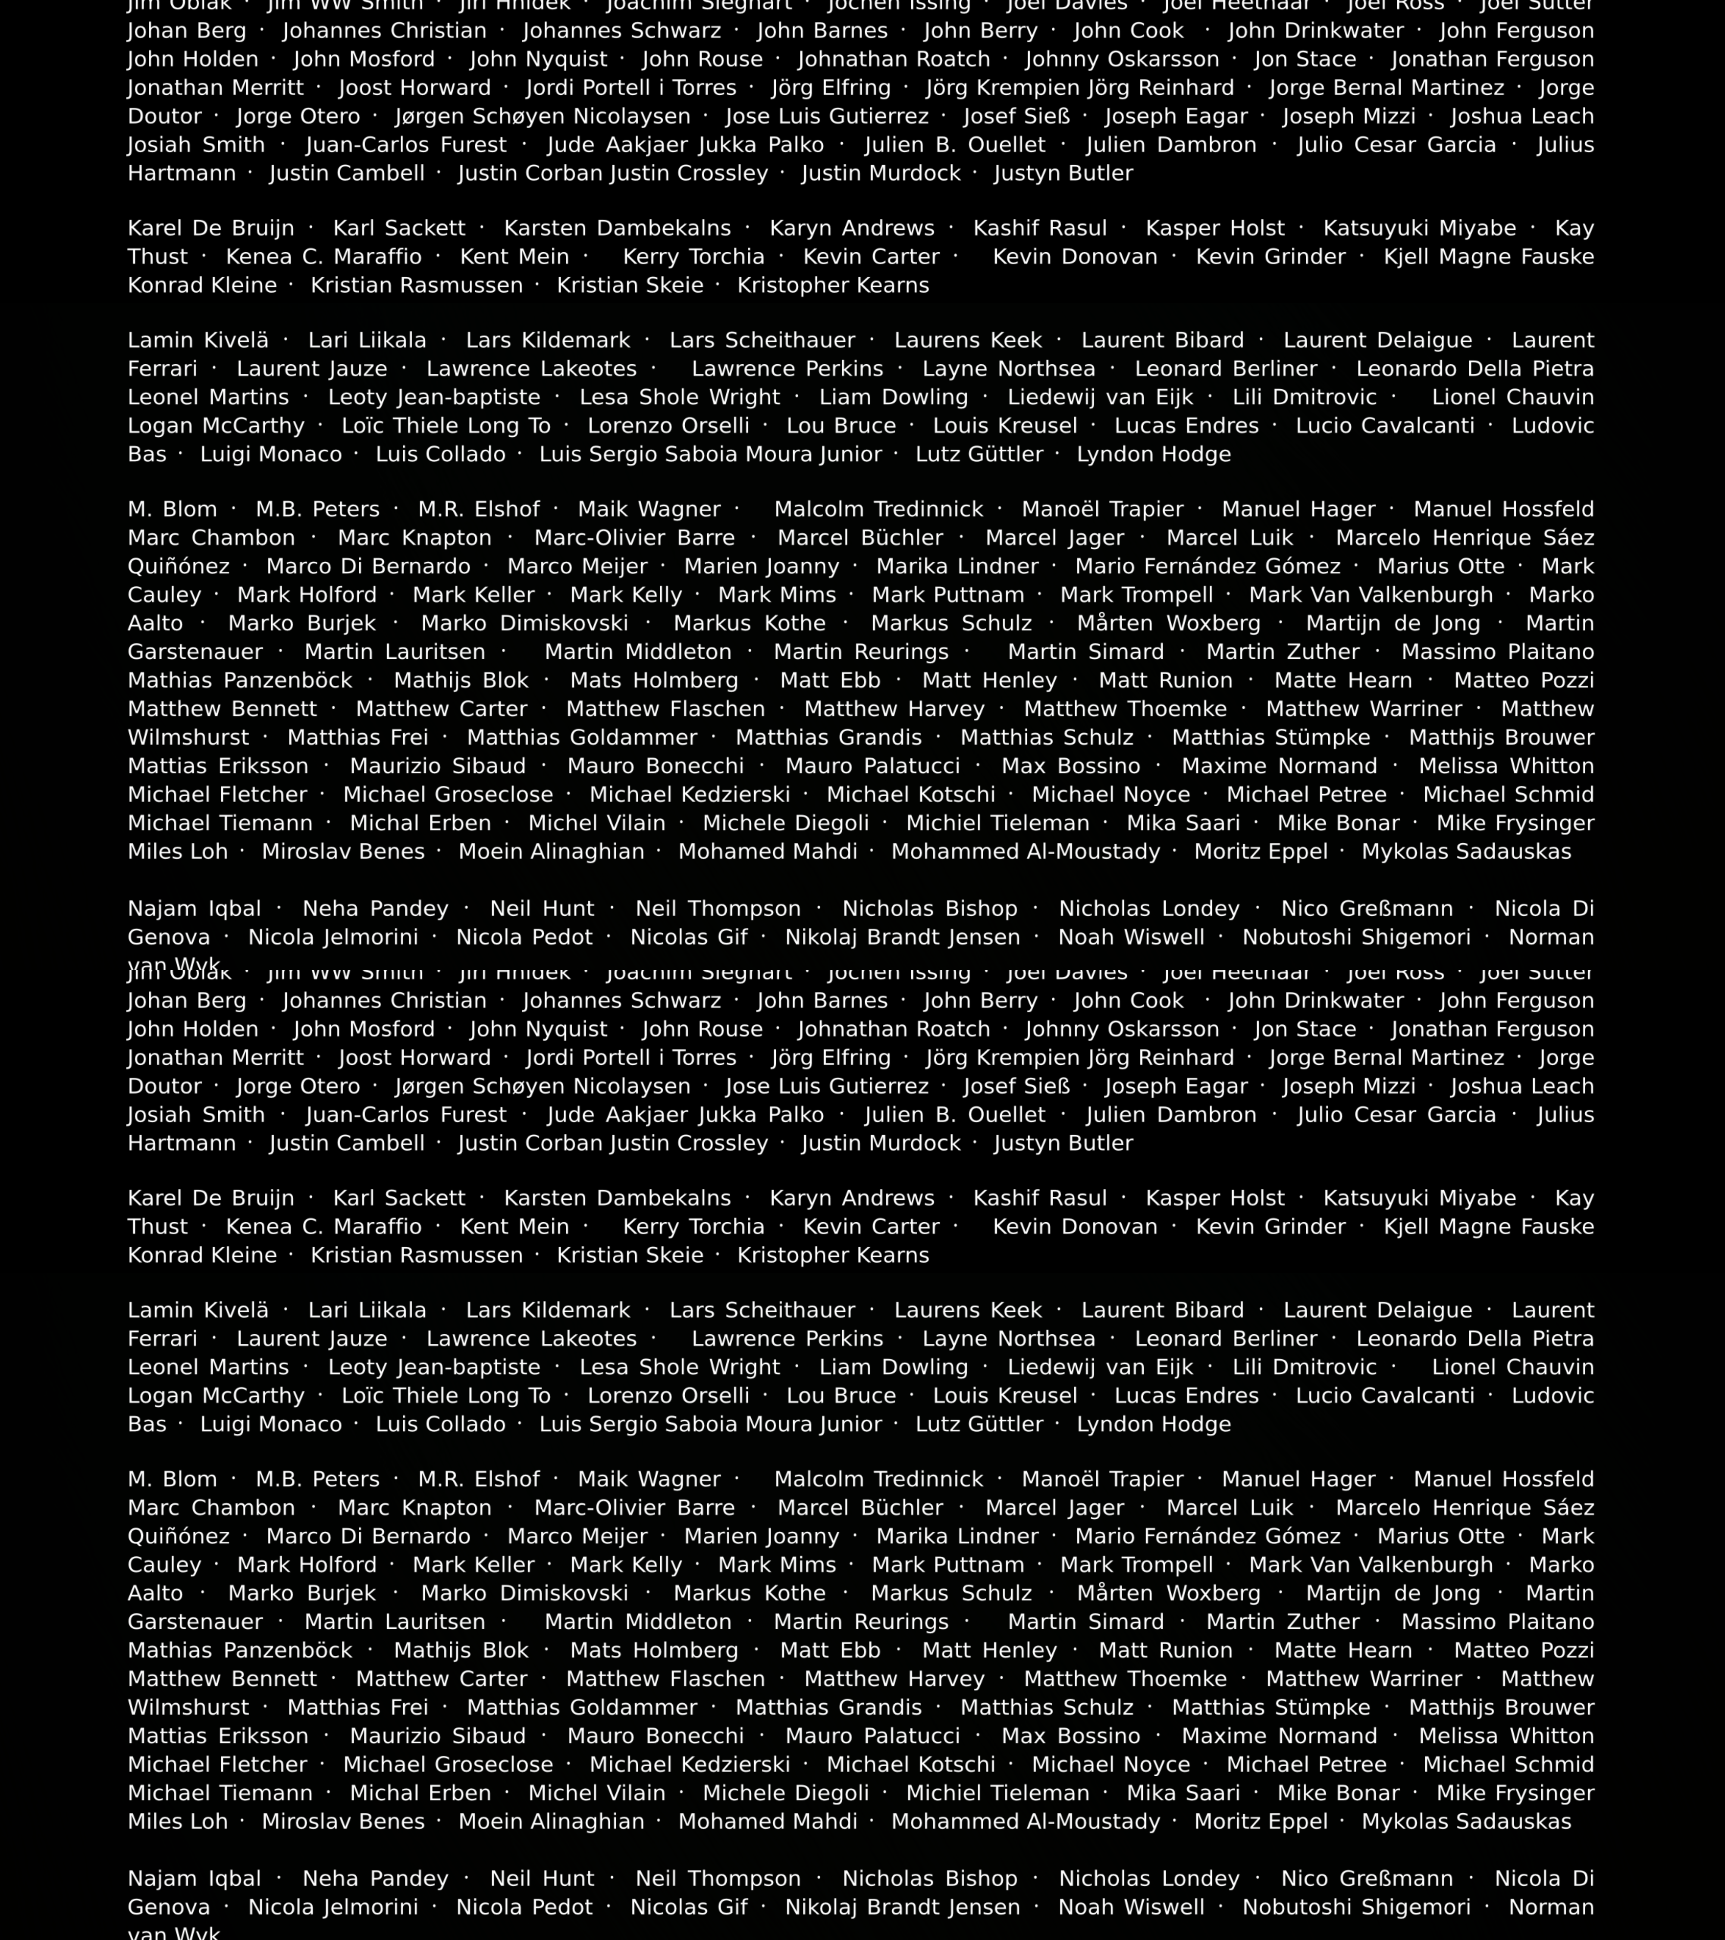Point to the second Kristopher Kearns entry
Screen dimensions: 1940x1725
tap(833, 1256)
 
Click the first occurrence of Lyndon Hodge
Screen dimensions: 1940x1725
tap(1154, 455)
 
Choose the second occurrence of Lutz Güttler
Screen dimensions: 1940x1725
tap(979, 1425)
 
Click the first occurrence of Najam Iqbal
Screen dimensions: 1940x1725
tap(194, 909)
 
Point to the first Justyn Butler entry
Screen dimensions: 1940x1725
tap(1063, 174)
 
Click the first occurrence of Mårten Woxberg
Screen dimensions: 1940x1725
tap(1169, 623)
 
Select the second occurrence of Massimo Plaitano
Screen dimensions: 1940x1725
tap(1497, 1622)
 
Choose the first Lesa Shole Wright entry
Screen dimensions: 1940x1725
tap(680, 397)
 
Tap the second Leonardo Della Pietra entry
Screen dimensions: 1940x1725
tap(1474, 1339)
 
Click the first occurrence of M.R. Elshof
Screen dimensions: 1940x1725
tap(479, 510)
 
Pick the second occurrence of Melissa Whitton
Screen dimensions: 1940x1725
tap(1505, 1736)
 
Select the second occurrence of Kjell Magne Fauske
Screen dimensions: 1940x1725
tap(1489, 1227)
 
